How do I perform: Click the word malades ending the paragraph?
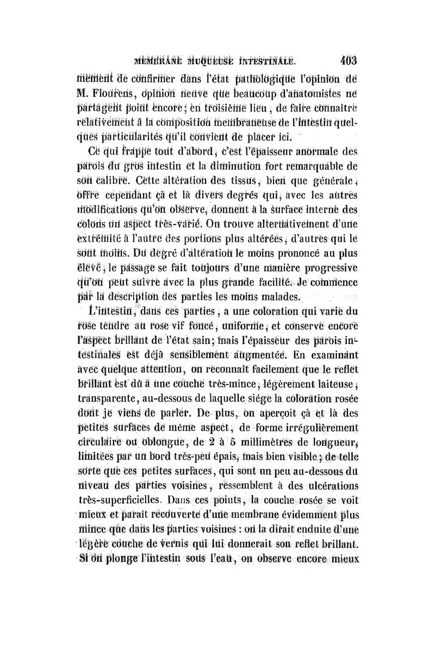pyautogui.click(x=281, y=297)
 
